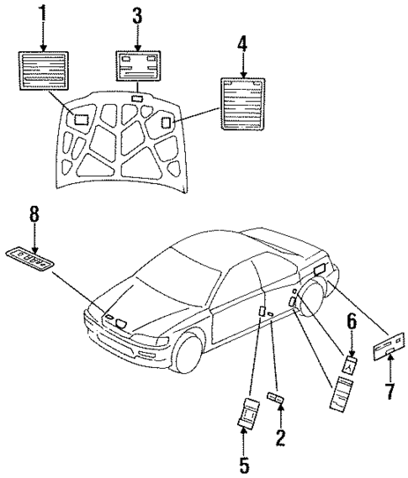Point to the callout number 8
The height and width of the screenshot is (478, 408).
[34, 214]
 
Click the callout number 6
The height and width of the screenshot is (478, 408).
[351, 320]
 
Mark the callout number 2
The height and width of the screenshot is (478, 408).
[280, 436]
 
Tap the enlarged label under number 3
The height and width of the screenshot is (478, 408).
[139, 64]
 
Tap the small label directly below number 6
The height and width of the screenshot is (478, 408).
[351, 363]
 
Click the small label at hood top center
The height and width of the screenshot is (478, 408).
[137, 99]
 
